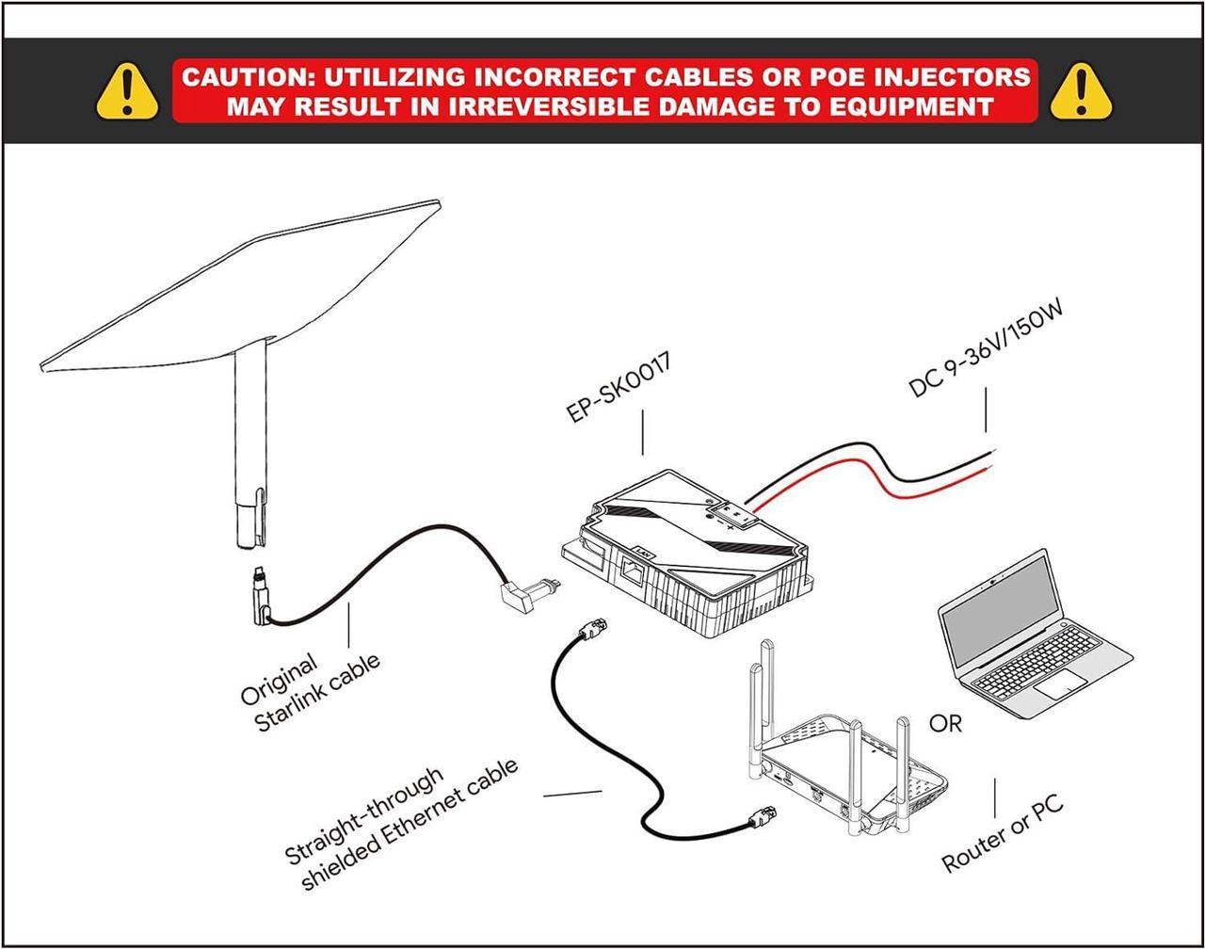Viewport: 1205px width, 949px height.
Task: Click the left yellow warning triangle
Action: click(128, 91)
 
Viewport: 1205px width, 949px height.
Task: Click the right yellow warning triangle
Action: click(1081, 91)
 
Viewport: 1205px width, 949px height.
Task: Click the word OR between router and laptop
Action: click(946, 723)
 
